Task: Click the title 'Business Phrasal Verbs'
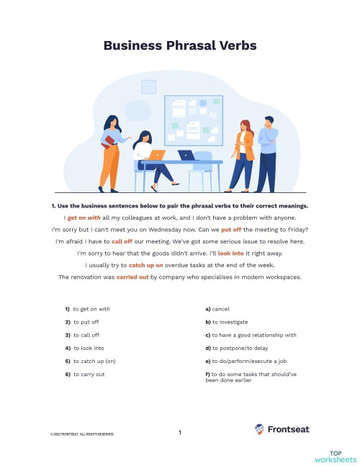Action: pos(179,45)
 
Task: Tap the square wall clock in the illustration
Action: pos(149,86)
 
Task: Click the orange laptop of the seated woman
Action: pos(158,154)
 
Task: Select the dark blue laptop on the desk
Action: pos(186,155)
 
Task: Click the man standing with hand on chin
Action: pos(266,153)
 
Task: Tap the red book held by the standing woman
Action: pos(108,140)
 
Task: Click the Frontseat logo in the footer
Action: pos(280,429)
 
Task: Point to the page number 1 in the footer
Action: pos(179,432)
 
